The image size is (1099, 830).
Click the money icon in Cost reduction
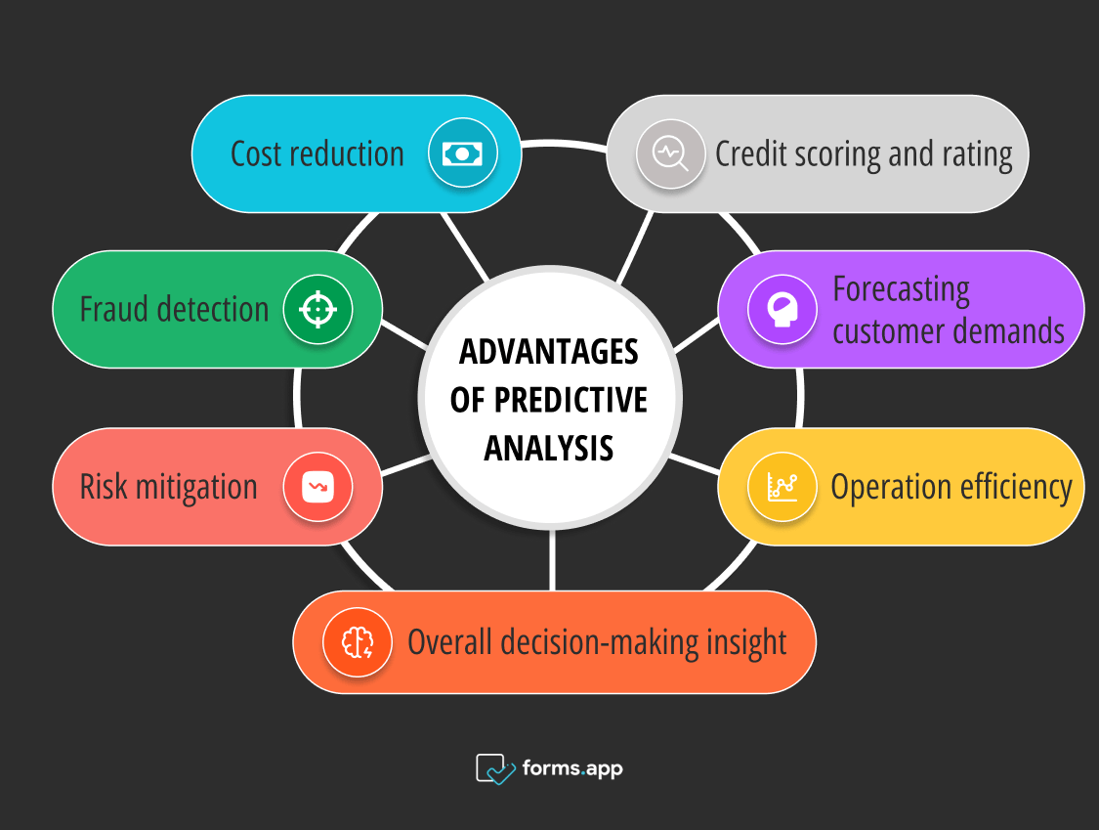(462, 153)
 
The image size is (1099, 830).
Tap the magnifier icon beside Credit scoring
(670, 153)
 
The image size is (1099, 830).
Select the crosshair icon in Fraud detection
(317, 309)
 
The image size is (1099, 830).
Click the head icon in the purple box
(782, 309)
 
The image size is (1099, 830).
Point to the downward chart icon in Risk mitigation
(317, 486)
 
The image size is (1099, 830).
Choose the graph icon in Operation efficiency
(782, 486)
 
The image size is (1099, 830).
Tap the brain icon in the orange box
(357, 642)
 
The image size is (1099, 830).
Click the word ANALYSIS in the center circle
(549, 448)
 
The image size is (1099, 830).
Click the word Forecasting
(901, 290)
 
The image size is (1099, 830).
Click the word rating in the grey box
(976, 154)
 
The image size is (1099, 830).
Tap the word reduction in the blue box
(348, 153)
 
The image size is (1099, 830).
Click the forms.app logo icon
(495, 768)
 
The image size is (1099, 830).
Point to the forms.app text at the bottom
(572, 768)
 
